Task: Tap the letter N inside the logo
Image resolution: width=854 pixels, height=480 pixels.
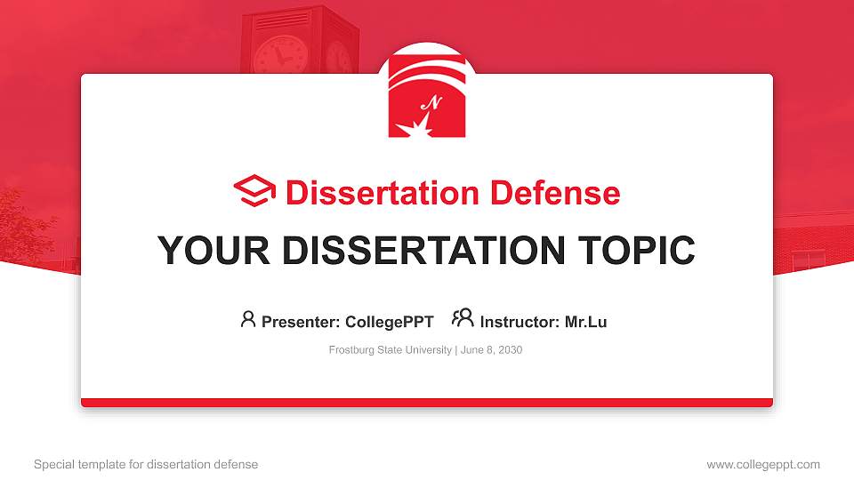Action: pos(433,103)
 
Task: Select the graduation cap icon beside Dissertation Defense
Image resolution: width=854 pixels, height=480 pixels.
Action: pos(254,192)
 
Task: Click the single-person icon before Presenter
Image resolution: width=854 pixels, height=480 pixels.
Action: pos(248,319)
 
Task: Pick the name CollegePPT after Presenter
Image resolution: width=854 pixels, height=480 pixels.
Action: pos(389,322)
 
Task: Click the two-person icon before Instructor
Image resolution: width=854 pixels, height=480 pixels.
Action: pos(463,318)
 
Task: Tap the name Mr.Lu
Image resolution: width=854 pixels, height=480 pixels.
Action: pos(585,322)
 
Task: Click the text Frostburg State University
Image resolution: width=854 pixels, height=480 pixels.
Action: pos(390,350)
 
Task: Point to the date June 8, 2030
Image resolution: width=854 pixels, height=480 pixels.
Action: pos(491,350)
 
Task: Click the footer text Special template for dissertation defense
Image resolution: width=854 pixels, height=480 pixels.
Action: pos(146,464)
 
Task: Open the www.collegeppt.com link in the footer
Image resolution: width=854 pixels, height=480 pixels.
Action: pos(762,464)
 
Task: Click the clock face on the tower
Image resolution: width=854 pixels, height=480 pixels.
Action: pos(278,56)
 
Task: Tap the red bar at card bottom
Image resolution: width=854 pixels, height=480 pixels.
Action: pos(426,403)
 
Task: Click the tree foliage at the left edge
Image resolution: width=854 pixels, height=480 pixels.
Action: pos(22,222)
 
